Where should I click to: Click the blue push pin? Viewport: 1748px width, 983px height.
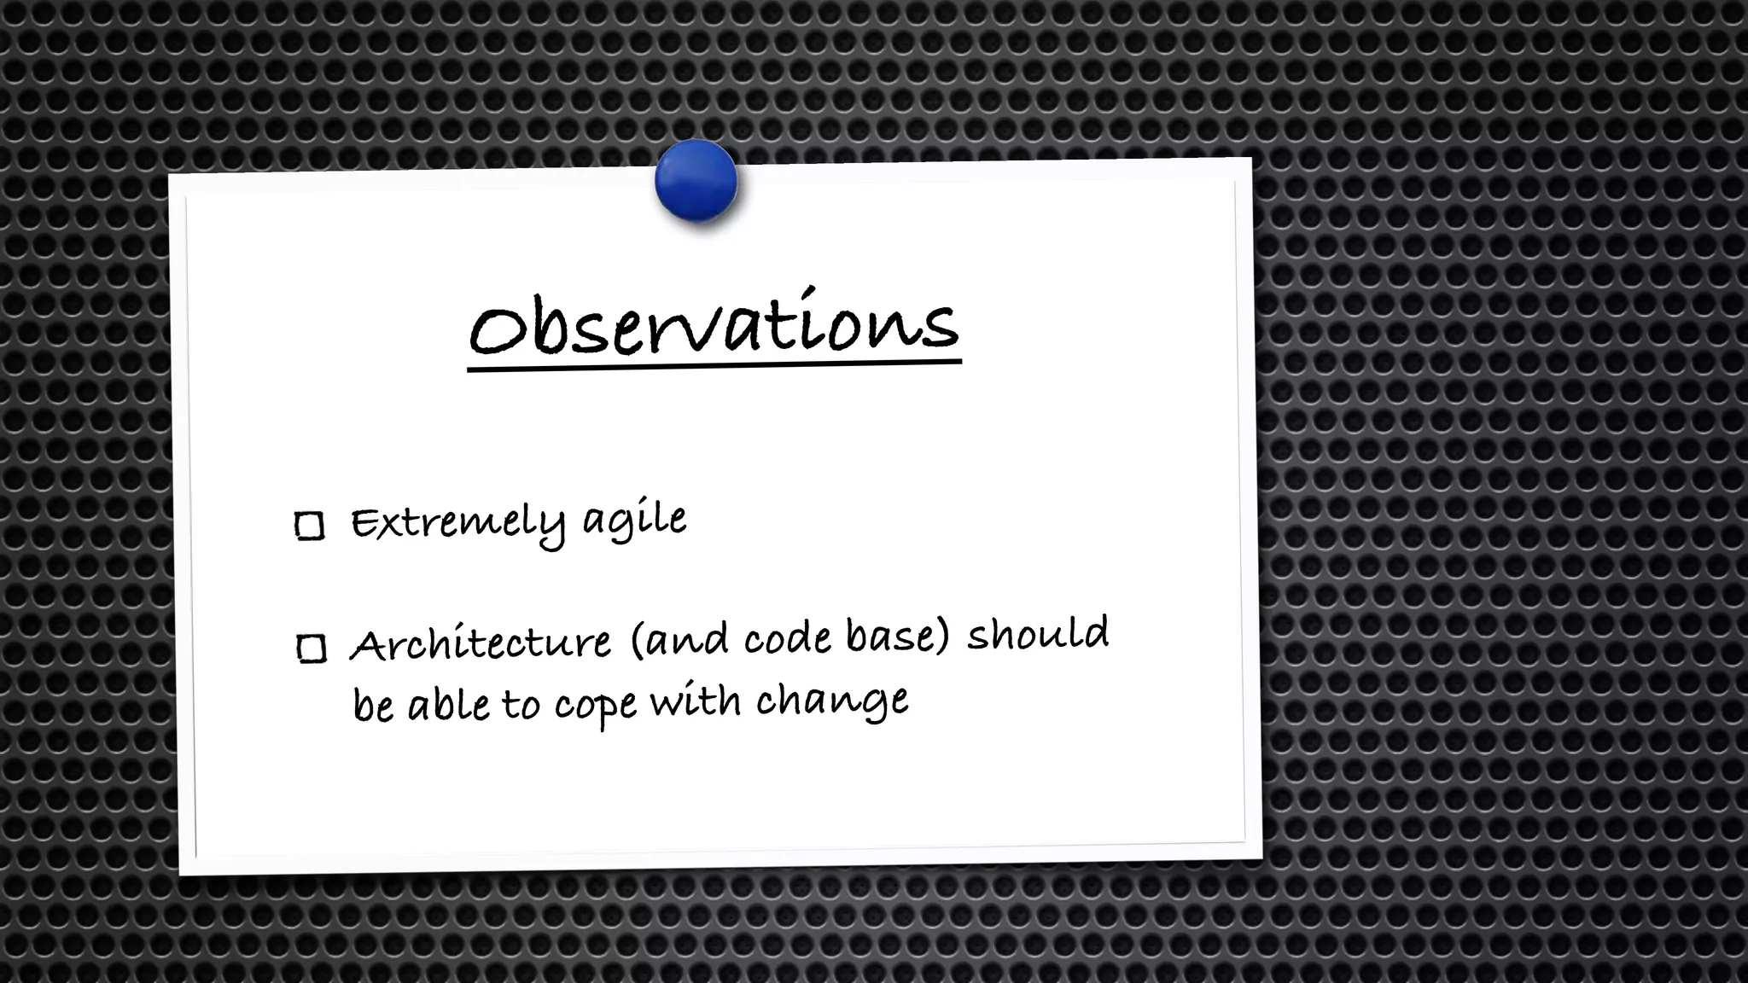[696, 181]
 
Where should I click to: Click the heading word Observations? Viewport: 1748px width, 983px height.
[714, 325]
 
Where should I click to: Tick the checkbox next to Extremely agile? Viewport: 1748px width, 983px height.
[309, 526]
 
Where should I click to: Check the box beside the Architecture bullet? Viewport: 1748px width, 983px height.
[312, 649]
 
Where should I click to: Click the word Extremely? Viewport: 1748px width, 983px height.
[457, 522]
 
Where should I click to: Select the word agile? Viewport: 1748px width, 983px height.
[634, 520]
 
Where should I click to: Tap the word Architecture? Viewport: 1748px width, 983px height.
[481, 643]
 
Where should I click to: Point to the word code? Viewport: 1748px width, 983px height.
[787, 638]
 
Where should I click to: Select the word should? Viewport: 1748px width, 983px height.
[1037, 633]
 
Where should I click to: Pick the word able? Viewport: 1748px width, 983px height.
[447, 706]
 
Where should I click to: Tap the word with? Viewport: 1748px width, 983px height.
[695, 701]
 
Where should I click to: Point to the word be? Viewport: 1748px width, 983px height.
[373, 707]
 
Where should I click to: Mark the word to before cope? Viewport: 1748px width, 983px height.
[520, 706]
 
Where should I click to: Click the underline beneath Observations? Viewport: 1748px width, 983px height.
[714, 366]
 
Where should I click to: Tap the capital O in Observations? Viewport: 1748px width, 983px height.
[497, 330]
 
